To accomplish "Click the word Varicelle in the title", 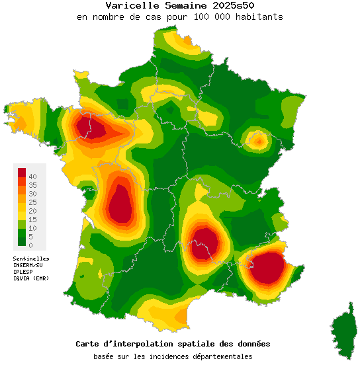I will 128,5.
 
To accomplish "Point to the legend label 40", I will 32,176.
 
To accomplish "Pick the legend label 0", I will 30,245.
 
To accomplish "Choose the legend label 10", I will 32,228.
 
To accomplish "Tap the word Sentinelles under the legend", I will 31,259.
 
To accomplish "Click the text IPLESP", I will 23,272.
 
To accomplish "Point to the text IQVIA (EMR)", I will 31,278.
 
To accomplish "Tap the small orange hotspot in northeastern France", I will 257,140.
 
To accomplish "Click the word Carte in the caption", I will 88,344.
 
